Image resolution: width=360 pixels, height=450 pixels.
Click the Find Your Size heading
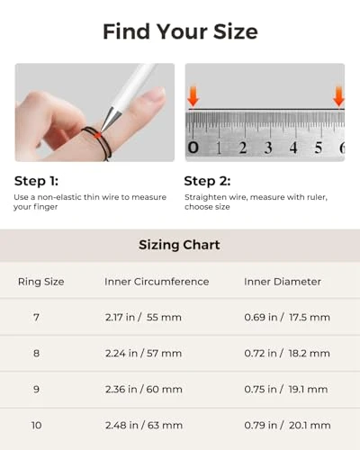180,31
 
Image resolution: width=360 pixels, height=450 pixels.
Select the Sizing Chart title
179,245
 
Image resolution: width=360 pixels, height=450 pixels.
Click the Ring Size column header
41,282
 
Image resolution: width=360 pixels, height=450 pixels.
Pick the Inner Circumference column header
157,282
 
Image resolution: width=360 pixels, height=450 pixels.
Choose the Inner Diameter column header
283,282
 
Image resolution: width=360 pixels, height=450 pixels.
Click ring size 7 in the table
36,318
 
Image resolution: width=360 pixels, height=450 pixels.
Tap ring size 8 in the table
36,354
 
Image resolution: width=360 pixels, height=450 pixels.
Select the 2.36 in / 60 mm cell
144,390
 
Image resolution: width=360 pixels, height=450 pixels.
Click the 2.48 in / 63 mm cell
144,425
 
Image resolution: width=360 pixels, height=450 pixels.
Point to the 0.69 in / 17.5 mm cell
287,318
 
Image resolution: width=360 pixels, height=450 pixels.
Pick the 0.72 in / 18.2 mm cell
287,354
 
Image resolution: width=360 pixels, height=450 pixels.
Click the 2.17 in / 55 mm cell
144,318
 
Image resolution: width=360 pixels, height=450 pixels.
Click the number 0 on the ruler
193,148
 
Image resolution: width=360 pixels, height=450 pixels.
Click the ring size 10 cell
36,425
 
